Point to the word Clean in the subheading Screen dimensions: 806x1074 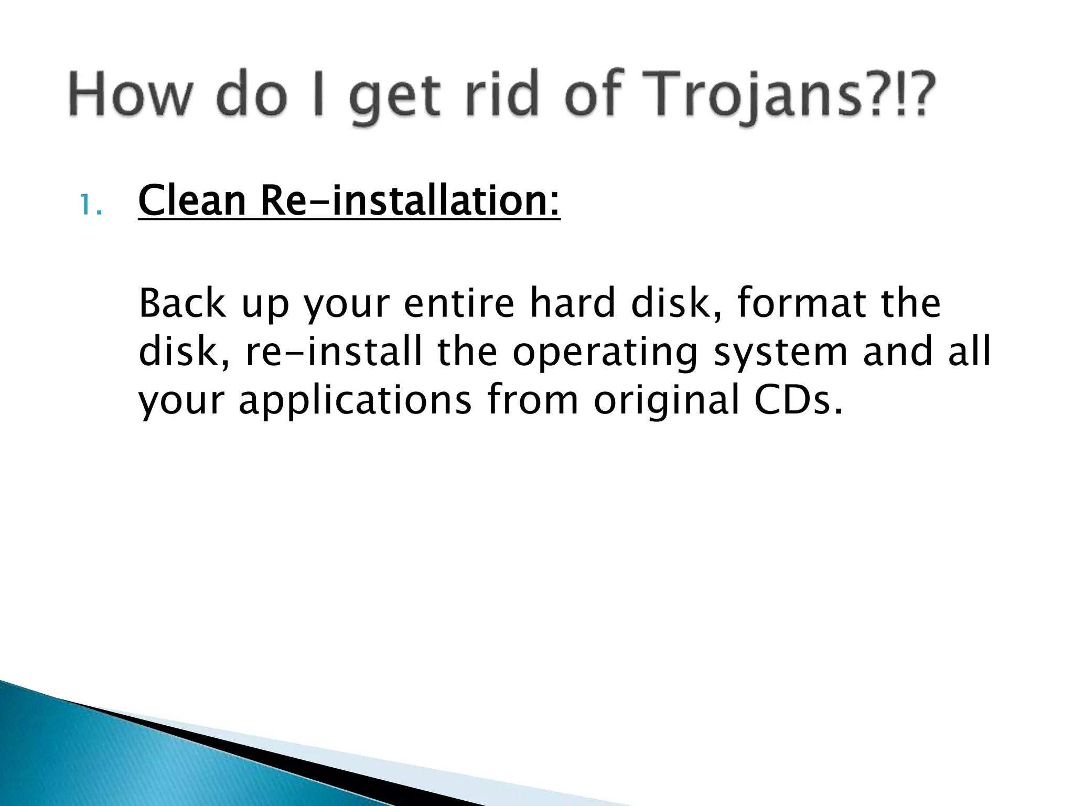192,201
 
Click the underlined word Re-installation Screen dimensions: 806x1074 409,201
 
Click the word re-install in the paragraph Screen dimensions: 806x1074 334,352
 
